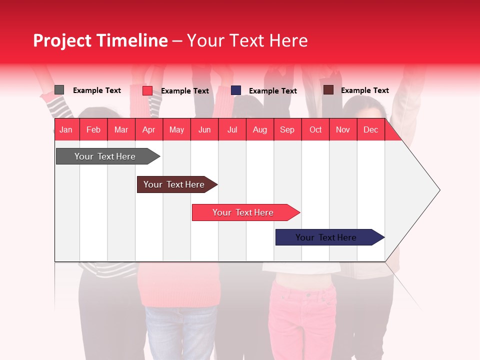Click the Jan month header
[66, 129]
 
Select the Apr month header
[148, 129]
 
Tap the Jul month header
[232, 129]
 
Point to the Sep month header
[287, 129]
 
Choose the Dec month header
[370, 129]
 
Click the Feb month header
[93, 129]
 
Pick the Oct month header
[315, 129]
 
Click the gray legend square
[59, 90]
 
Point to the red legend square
[147, 90]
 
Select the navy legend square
[236, 90]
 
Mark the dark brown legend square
[328, 90]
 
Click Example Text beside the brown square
[364, 90]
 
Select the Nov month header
[343, 129]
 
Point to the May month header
[176, 129]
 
